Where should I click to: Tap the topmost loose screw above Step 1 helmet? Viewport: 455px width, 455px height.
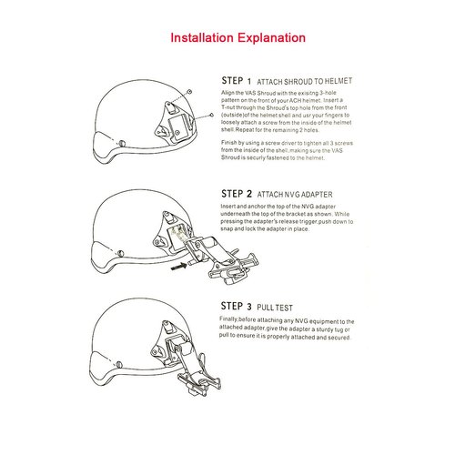pos(187,92)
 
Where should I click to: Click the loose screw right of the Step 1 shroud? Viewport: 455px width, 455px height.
pos(211,116)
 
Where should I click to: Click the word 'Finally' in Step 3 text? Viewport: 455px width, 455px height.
pos(231,321)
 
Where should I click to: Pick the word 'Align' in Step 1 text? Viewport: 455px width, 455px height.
pos(228,94)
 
